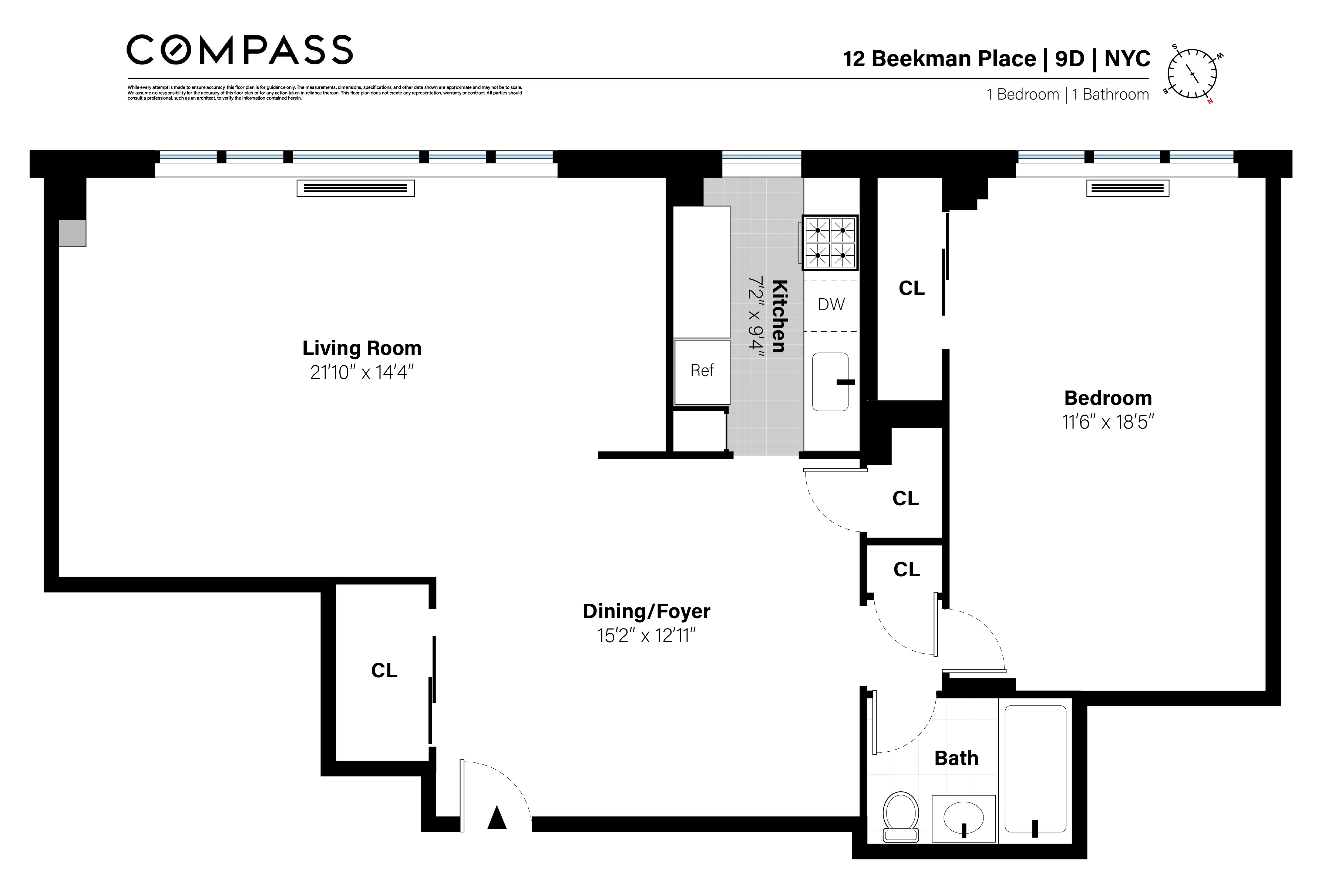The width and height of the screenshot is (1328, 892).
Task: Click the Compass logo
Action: point(239,50)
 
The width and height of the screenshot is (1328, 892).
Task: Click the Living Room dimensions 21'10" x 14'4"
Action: point(362,373)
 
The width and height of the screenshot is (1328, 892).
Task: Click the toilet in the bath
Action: point(901,815)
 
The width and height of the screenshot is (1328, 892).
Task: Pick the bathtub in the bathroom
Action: point(1035,769)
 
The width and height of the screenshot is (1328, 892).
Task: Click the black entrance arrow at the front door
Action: point(497,818)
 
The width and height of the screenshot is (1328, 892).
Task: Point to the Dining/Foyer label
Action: point(647,611)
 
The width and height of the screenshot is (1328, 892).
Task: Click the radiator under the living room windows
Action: point(356,188)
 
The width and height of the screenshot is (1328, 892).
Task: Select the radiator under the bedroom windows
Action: point(1127,188)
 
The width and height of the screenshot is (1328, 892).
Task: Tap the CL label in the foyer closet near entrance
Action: point(384,671)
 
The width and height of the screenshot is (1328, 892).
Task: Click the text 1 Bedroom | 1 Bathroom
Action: point(1068,94)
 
